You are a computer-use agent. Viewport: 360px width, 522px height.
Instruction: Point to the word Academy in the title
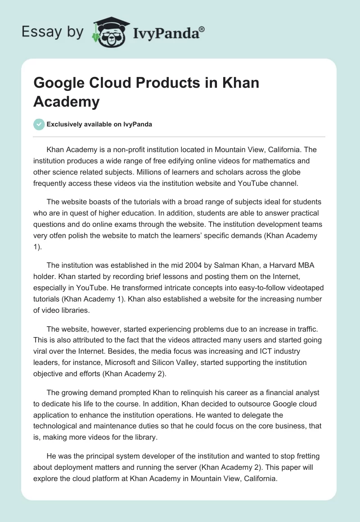[66, 102]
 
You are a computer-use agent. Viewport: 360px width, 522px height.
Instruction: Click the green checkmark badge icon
[39, 124]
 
